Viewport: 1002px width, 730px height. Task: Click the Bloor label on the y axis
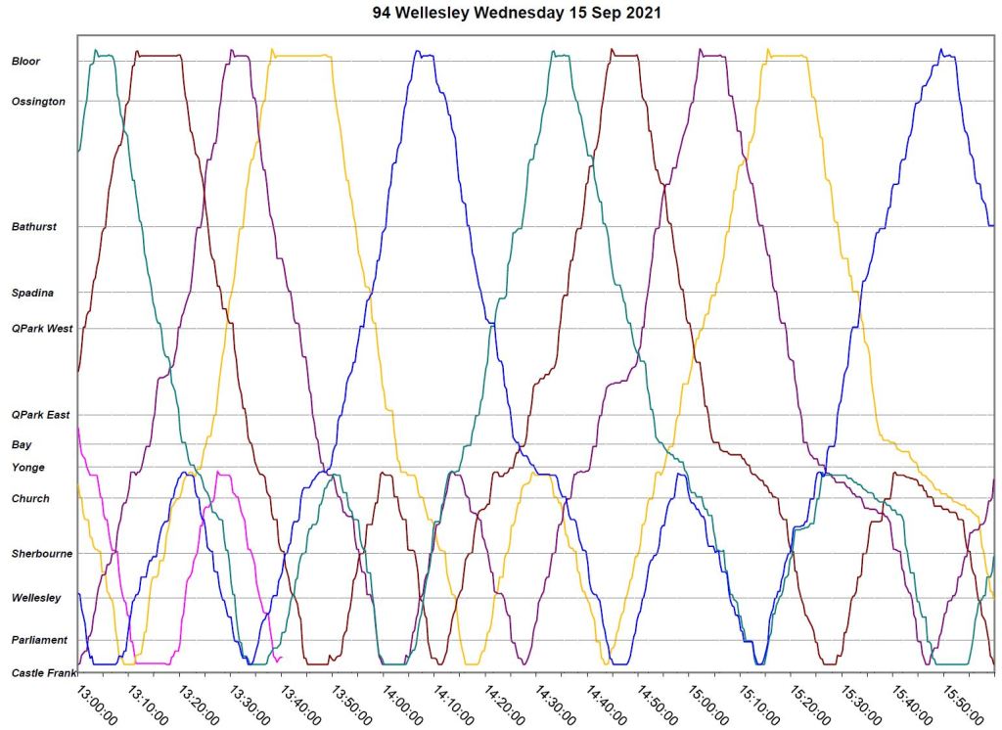point(25,62)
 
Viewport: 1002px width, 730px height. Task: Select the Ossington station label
point(38,102)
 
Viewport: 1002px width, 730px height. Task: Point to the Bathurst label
point(34,227)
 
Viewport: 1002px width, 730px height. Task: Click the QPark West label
point(42,329)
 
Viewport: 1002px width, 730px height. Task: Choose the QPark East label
point(41,415)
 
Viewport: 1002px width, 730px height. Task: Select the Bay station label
point(22,444)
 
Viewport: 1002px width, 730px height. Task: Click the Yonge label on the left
point(28,468)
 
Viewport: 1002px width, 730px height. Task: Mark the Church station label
point(30,499)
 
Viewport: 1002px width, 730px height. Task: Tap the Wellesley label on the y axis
point(36,598)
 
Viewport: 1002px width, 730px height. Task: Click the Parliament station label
point(40,640)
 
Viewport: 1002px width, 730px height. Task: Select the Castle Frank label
point(42,673)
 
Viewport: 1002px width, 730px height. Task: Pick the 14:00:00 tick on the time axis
point(402,704)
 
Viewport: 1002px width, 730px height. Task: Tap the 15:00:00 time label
point(708,704)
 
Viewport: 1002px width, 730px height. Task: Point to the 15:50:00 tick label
point(964,704)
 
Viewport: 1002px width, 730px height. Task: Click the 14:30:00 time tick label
point(555,704)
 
